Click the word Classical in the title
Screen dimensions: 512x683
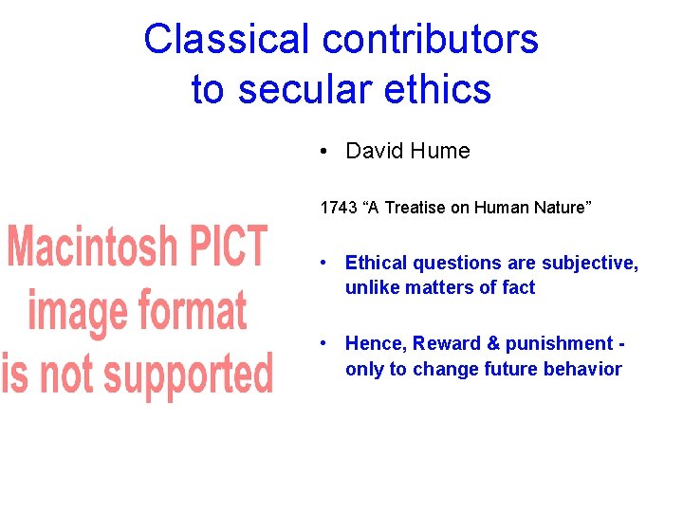tap(227, 39)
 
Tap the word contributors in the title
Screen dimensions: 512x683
tap(431, 39)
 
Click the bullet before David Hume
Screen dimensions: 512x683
tap(324, 151)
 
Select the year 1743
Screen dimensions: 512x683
tap(338, 208)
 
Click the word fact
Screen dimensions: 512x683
tap(518, 287)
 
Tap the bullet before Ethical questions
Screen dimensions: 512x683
tap(324, 263)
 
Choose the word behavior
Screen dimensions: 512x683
tap(584, 369)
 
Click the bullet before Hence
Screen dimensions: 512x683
tap(324, 343)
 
